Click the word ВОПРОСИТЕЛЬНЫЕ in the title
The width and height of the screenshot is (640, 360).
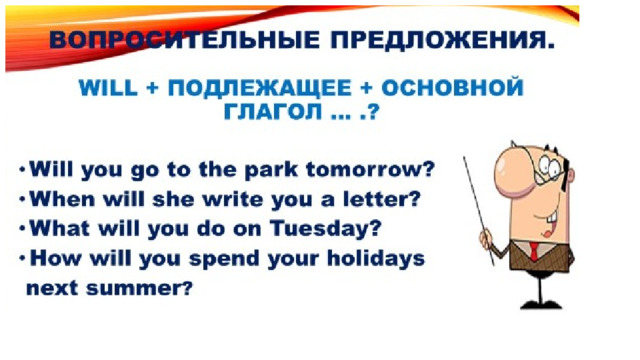click(184, 40)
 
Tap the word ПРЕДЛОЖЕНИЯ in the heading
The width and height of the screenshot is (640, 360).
click(442, 41)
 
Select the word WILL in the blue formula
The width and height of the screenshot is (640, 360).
click(108, 88)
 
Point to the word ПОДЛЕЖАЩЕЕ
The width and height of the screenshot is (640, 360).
click(260, 89)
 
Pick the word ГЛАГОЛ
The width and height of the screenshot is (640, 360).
click(273, 111)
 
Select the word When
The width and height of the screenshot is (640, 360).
click(62, 199)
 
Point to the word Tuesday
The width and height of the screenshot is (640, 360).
click(325, 229)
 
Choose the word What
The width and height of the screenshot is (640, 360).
click(60, 228)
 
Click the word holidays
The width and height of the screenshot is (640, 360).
click(376, 259)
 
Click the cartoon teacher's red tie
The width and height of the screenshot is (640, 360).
click(534, 251)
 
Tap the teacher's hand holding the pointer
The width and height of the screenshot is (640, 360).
click(487, 238)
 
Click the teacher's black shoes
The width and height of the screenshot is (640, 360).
click(541, 304)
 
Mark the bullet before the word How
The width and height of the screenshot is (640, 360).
click(23, 257)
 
